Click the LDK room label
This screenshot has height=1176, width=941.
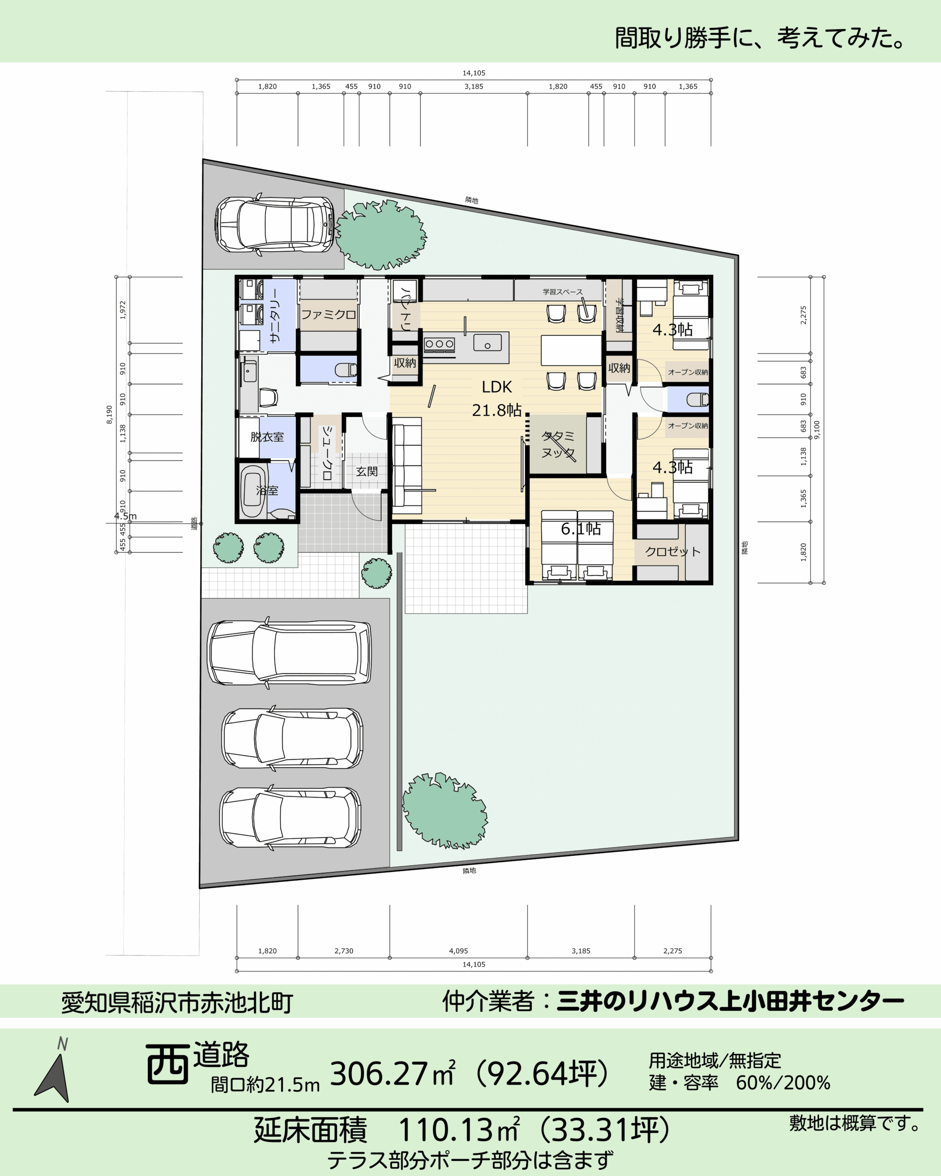pos(496,387)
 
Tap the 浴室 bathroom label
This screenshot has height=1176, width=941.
pos(267,490)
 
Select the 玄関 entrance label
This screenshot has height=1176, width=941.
pos(367,471)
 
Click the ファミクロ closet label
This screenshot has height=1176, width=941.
pos(329,315)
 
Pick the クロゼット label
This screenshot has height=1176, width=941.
pos(673,551)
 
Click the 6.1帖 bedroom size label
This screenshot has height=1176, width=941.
pos(581,529)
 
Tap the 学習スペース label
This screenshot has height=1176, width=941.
pos(562,292)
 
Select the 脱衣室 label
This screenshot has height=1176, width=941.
pos(267,437)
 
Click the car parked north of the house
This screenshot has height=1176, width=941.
pos(274,224)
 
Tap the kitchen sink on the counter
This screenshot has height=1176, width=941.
pos(487,343)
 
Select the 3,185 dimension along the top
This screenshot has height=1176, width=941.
pos(474,86)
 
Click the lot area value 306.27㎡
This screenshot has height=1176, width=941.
pos(393,1074)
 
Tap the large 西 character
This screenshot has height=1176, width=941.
pos(167,1064)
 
